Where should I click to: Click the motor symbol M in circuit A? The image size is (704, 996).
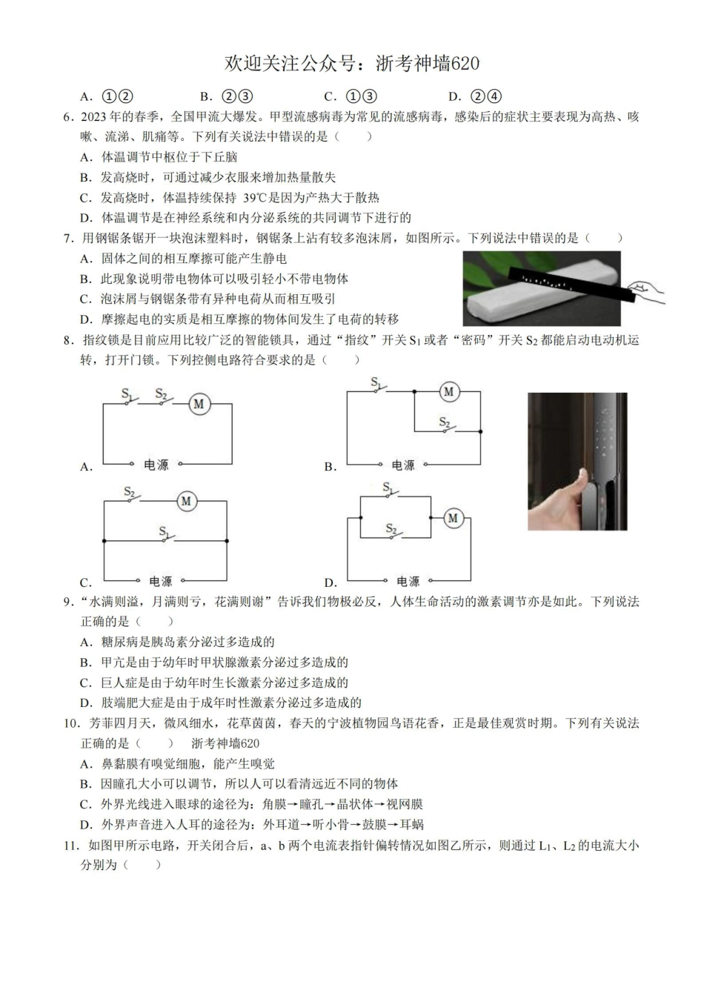coord(199,404)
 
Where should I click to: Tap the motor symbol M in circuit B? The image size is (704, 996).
coord(448,391)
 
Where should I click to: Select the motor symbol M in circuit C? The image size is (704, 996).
coord(186,502)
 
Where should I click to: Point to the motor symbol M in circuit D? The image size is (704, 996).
coord(453,518)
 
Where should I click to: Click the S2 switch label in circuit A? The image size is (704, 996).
coord(161,394)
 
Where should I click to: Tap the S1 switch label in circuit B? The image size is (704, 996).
coord(376,382)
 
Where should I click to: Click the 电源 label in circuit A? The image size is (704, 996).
coord(156,465)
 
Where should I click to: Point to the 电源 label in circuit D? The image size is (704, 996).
coord(408,582)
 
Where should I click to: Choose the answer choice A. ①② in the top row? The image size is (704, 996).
coord(107,96)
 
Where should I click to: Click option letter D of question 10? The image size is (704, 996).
coord(85,825)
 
